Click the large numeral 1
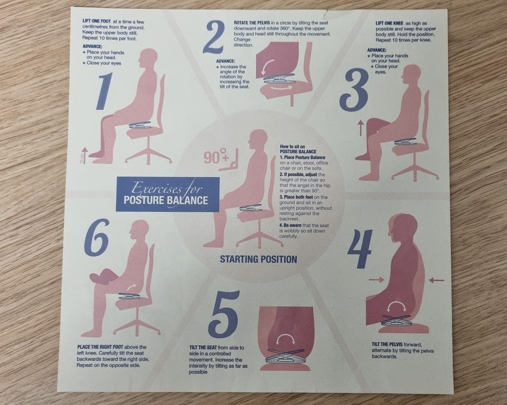[x=104, y=91]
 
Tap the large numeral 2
[x=214, y=37]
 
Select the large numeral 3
[x=354, y=90]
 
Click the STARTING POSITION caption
[x=258, y=259]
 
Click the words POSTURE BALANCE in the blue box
[x=166, y=200]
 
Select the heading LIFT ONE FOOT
[x=97, y=21]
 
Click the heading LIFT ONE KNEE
[x=389, y=23]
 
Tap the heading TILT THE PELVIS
[x=387, y=344]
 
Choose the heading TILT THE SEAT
[x=203, y=348]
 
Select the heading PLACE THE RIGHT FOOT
[x=100, y=347]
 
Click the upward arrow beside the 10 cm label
[x=84, y=156]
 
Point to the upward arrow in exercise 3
[x=361, y=128]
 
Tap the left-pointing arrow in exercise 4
[x=437, y=281]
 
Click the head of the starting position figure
[x=259, y=140]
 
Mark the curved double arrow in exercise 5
[x=286, y=338]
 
